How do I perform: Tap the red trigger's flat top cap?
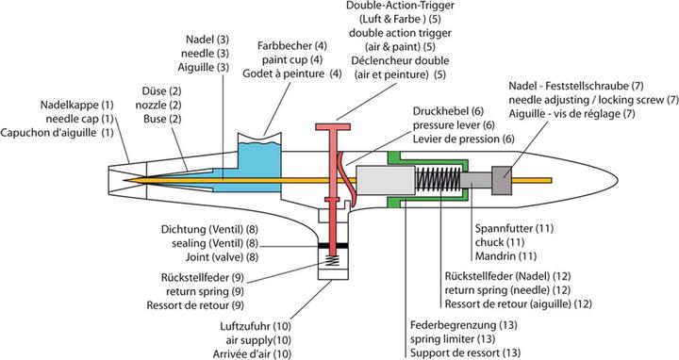[x=333, y=127]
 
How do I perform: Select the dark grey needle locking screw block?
[x=502, y=180]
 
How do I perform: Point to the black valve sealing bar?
[x=333, y=245]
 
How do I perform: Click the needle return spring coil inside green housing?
[x=438, y=180]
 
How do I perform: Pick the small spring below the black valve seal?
[x=333, y=260]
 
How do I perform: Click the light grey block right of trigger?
[x=385, y=180]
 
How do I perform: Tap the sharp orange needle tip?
[x=124, y=180]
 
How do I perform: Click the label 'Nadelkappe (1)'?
[x=77, y=105]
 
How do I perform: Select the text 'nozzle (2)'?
[x=158, y=106]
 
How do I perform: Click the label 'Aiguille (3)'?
[x=203, y=67]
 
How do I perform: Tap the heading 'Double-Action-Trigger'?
[x=400, y=6]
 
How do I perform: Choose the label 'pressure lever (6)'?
[x=454, y=125]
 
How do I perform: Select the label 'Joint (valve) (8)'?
[x=223, y=257]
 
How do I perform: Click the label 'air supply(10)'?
[x=258, y=340]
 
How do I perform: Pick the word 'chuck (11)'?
[x=500, y=242]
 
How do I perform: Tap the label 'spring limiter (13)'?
[x=453, y=339]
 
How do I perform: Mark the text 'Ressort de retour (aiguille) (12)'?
[x=519, y=303]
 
